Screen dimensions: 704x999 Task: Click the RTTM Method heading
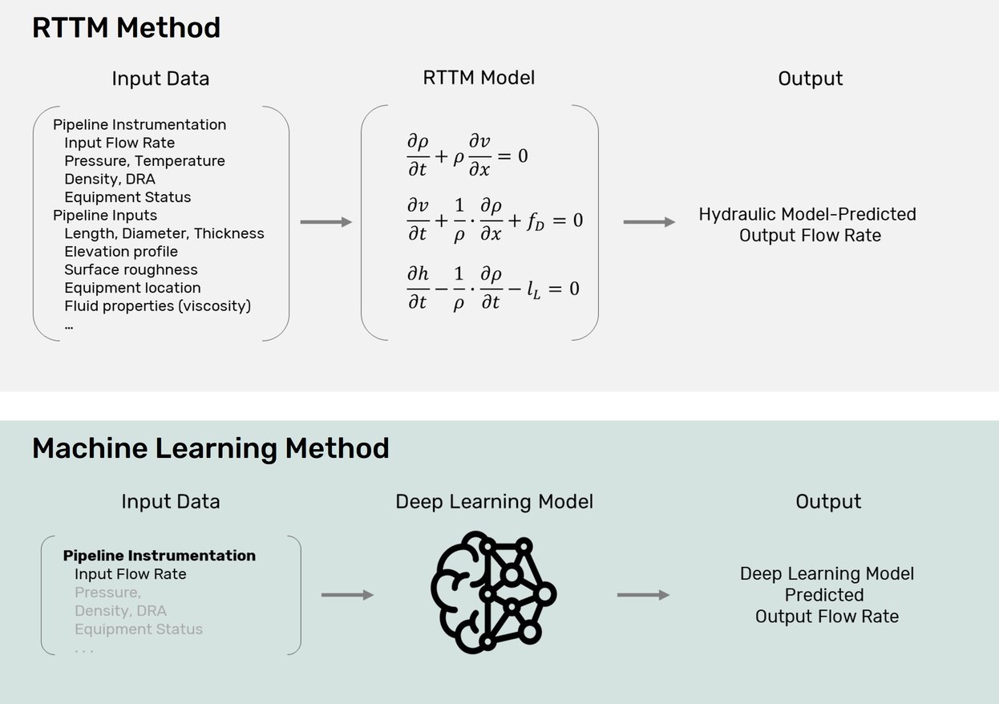pos(126,28)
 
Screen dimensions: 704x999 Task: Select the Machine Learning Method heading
pos(210,448)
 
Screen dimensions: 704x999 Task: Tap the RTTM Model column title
pos(479,78)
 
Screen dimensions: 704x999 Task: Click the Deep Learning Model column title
pos(494,502)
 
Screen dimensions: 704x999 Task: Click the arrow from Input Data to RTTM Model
pos(326,222)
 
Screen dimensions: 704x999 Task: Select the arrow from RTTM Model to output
pos(649,222)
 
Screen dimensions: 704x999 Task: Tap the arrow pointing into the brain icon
pos(347,595)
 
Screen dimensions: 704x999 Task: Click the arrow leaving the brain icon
pos(643,595)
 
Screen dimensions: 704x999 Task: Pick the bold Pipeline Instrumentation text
pos(159,556)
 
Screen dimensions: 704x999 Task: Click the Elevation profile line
pos(121,252)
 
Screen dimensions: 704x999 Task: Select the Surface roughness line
pos(131,270)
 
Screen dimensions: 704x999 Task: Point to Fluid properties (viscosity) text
pos(157,306)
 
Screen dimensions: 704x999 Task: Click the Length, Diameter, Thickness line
pos(164,233)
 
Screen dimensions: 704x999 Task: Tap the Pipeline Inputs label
pos(105,216)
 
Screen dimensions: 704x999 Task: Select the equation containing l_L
pos(492,288)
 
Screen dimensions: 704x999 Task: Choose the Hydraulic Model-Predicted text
pos(807,215)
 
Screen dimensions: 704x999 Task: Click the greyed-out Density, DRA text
pos(120,611)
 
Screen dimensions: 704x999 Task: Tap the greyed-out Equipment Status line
pos(139,629)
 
